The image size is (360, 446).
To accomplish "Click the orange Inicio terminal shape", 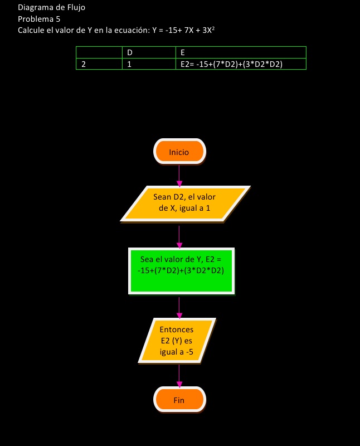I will [x=179, y=152].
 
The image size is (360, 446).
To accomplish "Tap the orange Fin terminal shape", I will [x=179, y=400].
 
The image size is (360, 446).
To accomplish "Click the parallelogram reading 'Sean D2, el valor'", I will [x=185, y=203].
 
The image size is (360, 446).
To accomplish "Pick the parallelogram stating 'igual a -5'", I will [x=177, y=341].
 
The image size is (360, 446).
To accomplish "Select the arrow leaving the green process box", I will [x=179, y=307].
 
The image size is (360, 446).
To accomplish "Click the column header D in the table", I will [x=130, y=52].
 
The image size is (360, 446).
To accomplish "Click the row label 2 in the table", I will [x=84, y=64].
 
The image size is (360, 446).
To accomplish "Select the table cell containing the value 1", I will [x=130, y=64].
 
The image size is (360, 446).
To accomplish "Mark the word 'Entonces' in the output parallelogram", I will [x=176, y=329].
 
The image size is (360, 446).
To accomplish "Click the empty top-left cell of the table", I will [x=99, y=52].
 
